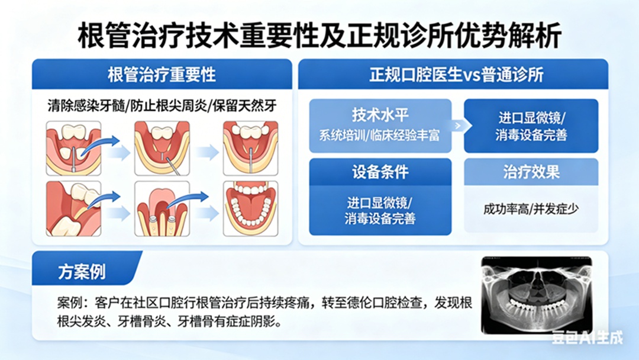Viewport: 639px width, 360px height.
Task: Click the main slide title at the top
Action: point(319,37)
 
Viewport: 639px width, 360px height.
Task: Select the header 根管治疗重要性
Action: point(162,75)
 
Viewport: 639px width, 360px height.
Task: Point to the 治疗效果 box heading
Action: point(531,172)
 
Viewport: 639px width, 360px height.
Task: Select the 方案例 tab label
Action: point(82,272)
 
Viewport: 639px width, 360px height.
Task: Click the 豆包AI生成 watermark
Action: point(588,337)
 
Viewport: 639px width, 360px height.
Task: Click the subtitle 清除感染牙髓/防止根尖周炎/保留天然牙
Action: point(162,106)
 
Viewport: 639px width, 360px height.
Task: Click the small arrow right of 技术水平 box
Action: point(457,126)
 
